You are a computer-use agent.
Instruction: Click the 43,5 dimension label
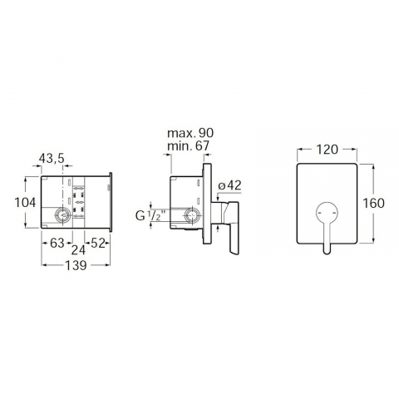[x=52, y=159]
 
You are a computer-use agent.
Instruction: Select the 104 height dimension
[x=25, y=203]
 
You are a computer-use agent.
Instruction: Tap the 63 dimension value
[x=57, y=244]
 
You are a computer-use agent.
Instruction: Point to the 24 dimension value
[x=79, y=250]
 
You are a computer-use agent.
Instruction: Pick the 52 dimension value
[x=98, y=244]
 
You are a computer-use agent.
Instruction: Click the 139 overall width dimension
[x=76, y=265]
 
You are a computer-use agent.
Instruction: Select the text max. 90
[x=190, y=133]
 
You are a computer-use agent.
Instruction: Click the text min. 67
[x=188, y=146]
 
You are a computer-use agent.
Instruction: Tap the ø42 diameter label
[x=229, y=185]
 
